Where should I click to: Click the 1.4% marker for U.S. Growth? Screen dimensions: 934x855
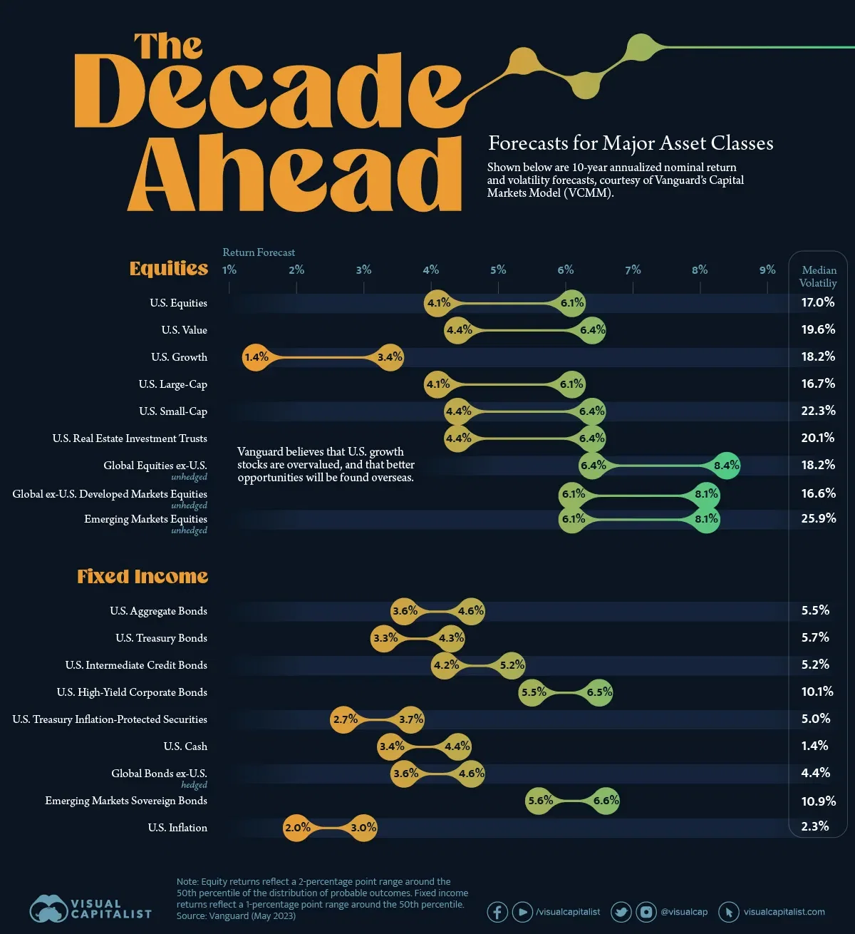click(256, 357)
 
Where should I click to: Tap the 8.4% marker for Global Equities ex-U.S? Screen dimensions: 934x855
click(726, 466)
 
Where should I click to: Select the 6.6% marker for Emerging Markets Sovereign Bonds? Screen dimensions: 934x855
click(606, 801)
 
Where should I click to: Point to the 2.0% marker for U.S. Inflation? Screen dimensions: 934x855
click(297, 828)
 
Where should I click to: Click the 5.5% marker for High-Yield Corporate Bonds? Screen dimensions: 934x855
click(533, 692)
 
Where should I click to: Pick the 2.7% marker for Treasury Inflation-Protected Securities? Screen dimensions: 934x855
click(345, 719)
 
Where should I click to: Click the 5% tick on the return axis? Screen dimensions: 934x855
click(498, 270)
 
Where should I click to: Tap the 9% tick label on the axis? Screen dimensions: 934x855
click(767, 270)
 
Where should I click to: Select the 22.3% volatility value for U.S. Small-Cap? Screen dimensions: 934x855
click(818, 411)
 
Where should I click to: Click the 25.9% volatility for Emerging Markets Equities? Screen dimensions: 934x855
click(818, 518)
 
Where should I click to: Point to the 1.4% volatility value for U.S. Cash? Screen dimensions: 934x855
click(814, 746)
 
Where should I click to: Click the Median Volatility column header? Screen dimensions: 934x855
click(819, 277)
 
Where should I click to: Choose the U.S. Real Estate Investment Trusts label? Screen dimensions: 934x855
click(130, 438)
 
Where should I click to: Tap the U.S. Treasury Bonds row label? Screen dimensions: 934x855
click(161, 638)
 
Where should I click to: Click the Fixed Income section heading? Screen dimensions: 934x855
click(142, 576)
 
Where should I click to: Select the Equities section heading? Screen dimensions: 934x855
click(169, 268)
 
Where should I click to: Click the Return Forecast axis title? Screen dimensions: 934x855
click(259, 252)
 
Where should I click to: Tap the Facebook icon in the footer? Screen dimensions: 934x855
click(497, 912)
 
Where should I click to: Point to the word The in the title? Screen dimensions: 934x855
click(168, 47)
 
